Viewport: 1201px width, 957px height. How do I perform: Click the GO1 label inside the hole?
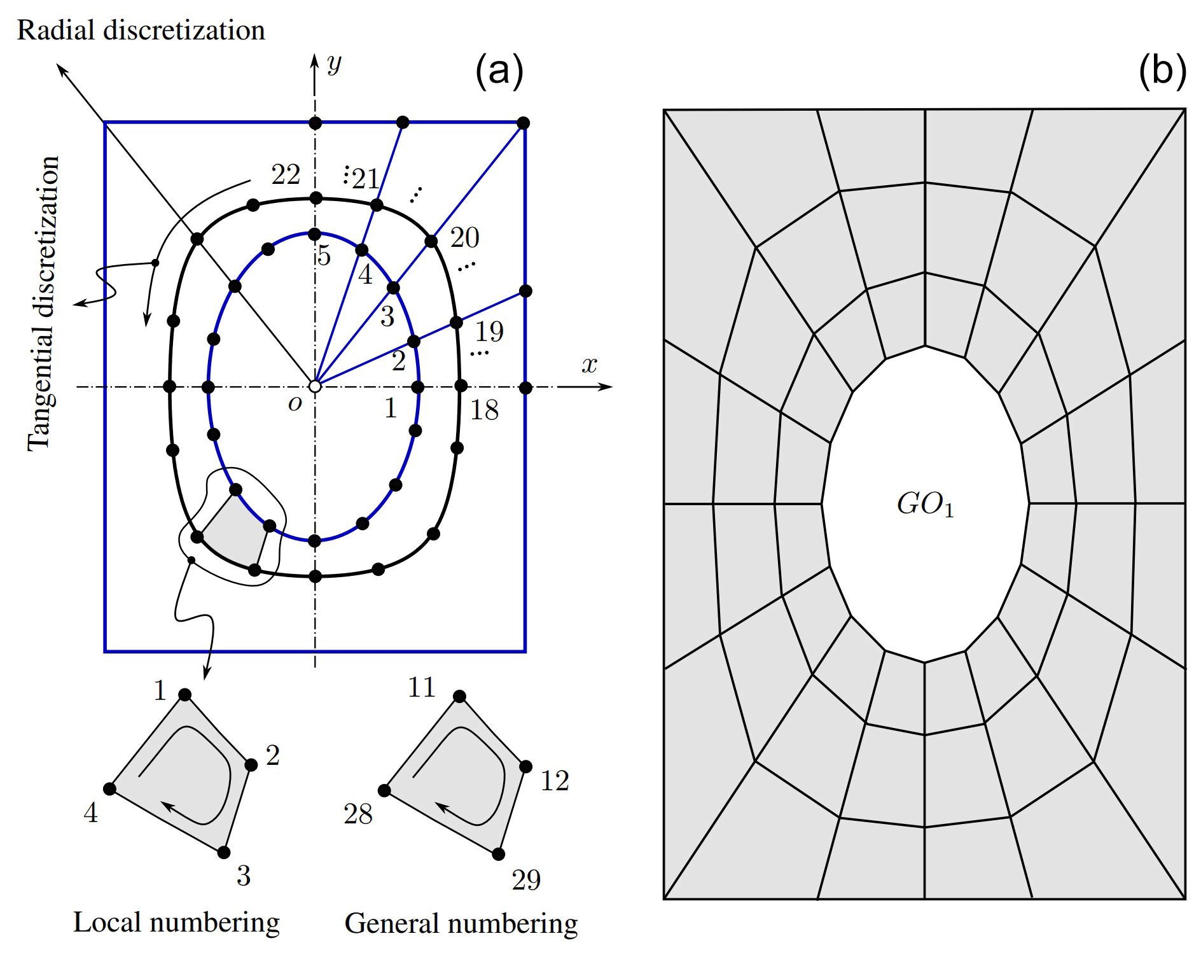(925, 505)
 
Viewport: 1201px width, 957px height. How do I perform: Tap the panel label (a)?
(499, 71)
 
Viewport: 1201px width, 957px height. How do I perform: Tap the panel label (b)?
(1162, 71)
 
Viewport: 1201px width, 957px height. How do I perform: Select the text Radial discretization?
(141, 31)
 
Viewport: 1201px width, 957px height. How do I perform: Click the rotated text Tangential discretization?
(43, 304)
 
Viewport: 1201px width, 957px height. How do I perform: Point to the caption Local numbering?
(176, 922)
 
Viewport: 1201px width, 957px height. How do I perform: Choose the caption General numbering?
(461, 923)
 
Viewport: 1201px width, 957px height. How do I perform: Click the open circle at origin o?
(314, 386)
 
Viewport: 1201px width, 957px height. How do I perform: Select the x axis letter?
(590, 365)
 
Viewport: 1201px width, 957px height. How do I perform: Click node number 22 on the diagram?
(286, 174)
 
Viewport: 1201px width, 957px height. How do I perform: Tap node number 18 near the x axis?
(484, 410)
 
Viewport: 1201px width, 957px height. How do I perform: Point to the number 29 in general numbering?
(526, 880)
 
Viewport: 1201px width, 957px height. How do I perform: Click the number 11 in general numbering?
(421, 687)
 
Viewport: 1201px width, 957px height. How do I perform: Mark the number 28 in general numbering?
(358, 814)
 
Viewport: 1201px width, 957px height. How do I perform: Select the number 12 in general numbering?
(554, 781)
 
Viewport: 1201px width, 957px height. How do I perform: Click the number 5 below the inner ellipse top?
(324, 256)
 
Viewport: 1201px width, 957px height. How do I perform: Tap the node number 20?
(464, 238)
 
